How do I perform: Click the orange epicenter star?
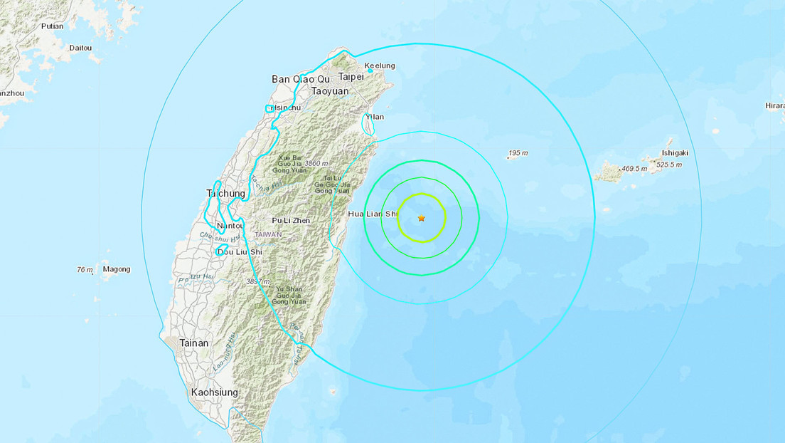(422, 218)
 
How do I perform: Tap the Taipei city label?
(351, 77)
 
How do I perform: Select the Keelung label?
(380, 66)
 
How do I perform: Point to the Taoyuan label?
(331, 91)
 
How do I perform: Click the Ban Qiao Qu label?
(301, 79)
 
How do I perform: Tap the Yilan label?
(375, 117)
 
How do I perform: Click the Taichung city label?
(225, 193)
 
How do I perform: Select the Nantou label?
(230, 226)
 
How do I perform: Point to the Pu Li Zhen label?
(290, 221)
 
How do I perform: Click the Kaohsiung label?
(215, 392)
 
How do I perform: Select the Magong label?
(117, 269)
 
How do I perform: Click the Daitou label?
(80, 48)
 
